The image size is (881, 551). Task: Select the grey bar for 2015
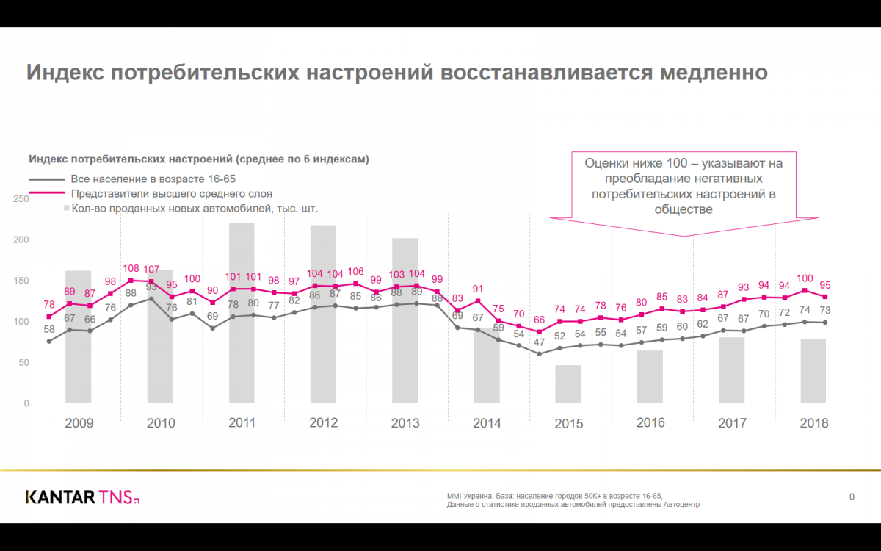(568, 383)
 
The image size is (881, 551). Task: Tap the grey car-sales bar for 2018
(813, 370)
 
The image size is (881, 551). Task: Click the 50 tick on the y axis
(24, 363)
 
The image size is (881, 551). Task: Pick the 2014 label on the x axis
(487, 423)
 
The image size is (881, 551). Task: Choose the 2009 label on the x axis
(79, 423)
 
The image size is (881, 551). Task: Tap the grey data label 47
(540, 342)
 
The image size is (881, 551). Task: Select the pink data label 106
(355, 272)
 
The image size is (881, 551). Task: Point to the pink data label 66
(540, 320)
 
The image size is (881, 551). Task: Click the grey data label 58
(49, 329)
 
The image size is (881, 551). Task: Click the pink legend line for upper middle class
(47, 194)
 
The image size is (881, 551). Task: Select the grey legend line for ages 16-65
(47, 179)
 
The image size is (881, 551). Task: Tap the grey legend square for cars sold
(66, 209)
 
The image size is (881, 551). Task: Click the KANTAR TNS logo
(82, 497)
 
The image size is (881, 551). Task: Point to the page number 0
(852, 497)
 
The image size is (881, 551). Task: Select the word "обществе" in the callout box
(683, 209)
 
